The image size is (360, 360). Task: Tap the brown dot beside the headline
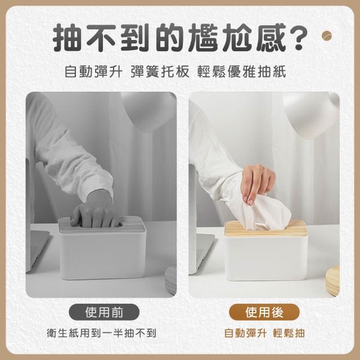tap(327, 36)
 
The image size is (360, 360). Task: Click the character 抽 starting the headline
tap(67, 38)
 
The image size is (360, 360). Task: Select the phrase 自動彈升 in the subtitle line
tap(93, 71)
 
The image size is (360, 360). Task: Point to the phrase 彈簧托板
tap(160, 71)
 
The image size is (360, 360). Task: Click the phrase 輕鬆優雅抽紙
tap(241, 71)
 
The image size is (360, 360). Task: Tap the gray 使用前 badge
tap(104, 312)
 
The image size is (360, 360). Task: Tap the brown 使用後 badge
tap(264, 312)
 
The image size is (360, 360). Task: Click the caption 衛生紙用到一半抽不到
tap(101, 333)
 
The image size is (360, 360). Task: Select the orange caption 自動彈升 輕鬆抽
tap(264, 333)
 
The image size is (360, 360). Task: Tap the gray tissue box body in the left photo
tap(102, 255)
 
